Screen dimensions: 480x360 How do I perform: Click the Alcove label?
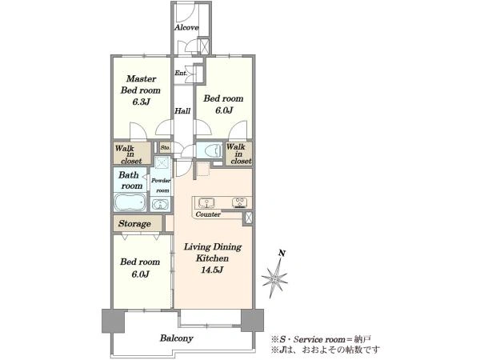coord(186,27)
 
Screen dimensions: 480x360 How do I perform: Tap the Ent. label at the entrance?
coord(181,73)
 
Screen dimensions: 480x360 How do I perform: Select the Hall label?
coord(182,111)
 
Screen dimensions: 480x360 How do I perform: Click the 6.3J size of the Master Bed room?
coord(141,102)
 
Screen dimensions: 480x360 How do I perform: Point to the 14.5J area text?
coord(212,270)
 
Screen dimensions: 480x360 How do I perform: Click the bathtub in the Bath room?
coord(130,202)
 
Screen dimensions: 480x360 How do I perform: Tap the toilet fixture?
coord(214,150)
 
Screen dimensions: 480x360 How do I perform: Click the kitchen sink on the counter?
coord(206,202)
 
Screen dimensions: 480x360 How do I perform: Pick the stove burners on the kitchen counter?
coord(240,202)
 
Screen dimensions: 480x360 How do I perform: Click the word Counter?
coord(208,214)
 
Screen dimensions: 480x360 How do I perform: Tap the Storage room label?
coord(134,224)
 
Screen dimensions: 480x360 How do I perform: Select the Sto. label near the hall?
coord(166,147)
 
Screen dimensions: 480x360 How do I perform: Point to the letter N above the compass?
coord(282,253)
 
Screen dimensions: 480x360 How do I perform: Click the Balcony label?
coord(177,338)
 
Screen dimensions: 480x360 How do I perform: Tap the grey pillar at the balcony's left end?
coord(114,321)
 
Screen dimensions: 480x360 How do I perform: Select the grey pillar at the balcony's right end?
coord(252,320)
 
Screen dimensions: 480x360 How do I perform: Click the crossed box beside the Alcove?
coord(203,46)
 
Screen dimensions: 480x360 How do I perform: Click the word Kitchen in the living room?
coord(213,258)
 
